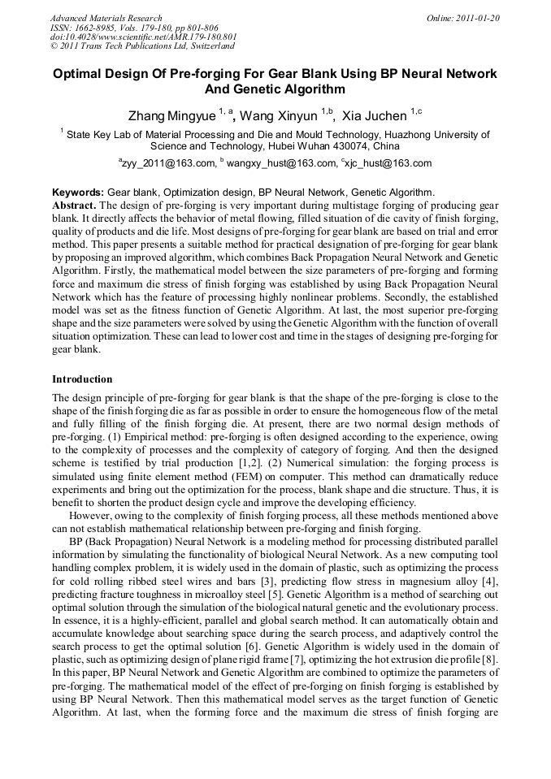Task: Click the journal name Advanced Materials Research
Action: (106, 18)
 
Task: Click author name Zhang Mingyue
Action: (170, 116)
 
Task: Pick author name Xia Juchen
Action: (374, 116)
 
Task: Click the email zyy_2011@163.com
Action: (169, 163)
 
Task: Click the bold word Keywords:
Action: (78, 193)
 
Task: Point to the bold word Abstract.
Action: (75, 205)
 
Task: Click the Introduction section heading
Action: (82, 379)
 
